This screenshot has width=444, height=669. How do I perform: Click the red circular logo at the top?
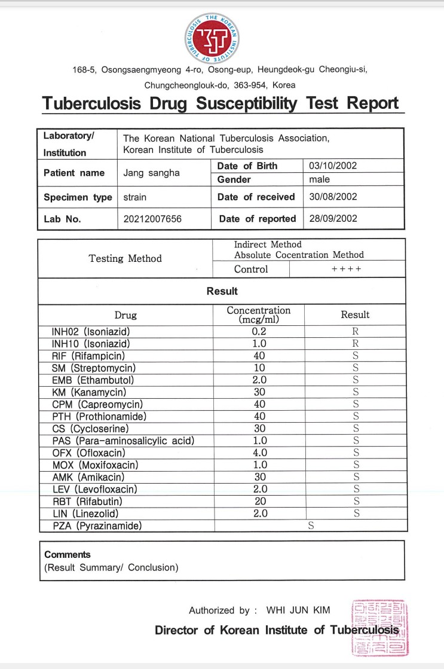(222, 38)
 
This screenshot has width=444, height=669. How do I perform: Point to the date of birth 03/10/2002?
(332, 166)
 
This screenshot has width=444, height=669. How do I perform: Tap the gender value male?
(320, 179)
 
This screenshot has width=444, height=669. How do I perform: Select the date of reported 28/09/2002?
(333, 219)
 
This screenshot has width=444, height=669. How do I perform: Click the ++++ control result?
(347, 269)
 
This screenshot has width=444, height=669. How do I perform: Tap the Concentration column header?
(258, 314)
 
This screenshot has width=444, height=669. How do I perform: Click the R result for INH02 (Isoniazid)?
(355, 332)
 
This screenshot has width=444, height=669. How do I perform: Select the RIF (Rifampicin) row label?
(88, 356)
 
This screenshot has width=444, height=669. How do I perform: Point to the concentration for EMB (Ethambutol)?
(258, 380)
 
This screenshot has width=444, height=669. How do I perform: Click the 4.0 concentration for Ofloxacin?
(258, 453)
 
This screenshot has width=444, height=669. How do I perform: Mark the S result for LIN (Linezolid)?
(355, 514)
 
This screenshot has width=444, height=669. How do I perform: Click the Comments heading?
(68, 555)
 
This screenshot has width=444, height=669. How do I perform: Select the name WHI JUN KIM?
(298, 610)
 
